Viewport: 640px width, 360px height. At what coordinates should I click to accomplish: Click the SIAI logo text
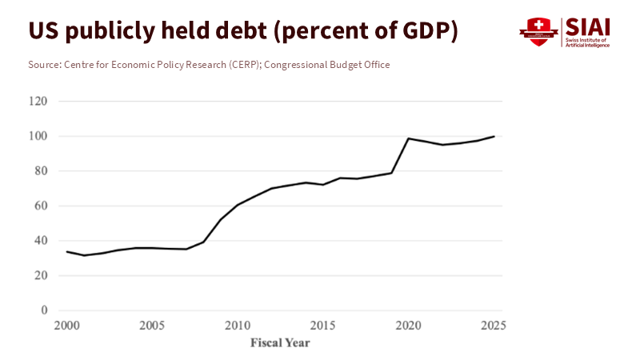coord(588,26)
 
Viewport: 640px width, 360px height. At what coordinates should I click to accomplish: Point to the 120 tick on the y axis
coord(38,102)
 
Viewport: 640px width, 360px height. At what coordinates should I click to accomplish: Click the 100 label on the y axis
coord(38,136)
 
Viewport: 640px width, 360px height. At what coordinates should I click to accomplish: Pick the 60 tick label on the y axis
coord(41,206)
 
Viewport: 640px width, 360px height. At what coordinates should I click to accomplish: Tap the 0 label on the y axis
coord(44,310)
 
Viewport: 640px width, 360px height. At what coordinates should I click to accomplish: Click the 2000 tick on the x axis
coord(67,326)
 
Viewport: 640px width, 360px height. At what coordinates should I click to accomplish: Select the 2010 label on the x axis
coord(237,326)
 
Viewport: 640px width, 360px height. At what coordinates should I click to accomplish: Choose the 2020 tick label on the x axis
coord(408,326)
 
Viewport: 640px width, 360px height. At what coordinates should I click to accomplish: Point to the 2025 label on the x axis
coord(494,326)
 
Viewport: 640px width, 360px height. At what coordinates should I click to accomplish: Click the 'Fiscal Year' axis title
coord(280,343)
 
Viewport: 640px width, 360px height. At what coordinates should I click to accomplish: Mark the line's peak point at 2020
coord(408,138)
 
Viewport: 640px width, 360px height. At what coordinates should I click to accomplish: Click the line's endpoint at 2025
coord(494,136)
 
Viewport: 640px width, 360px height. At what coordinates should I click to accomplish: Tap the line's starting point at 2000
coord(67,252)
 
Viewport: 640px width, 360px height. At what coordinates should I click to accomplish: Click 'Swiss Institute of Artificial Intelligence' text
coord(588,42)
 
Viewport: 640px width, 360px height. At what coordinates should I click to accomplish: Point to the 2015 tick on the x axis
coord(322,326)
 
